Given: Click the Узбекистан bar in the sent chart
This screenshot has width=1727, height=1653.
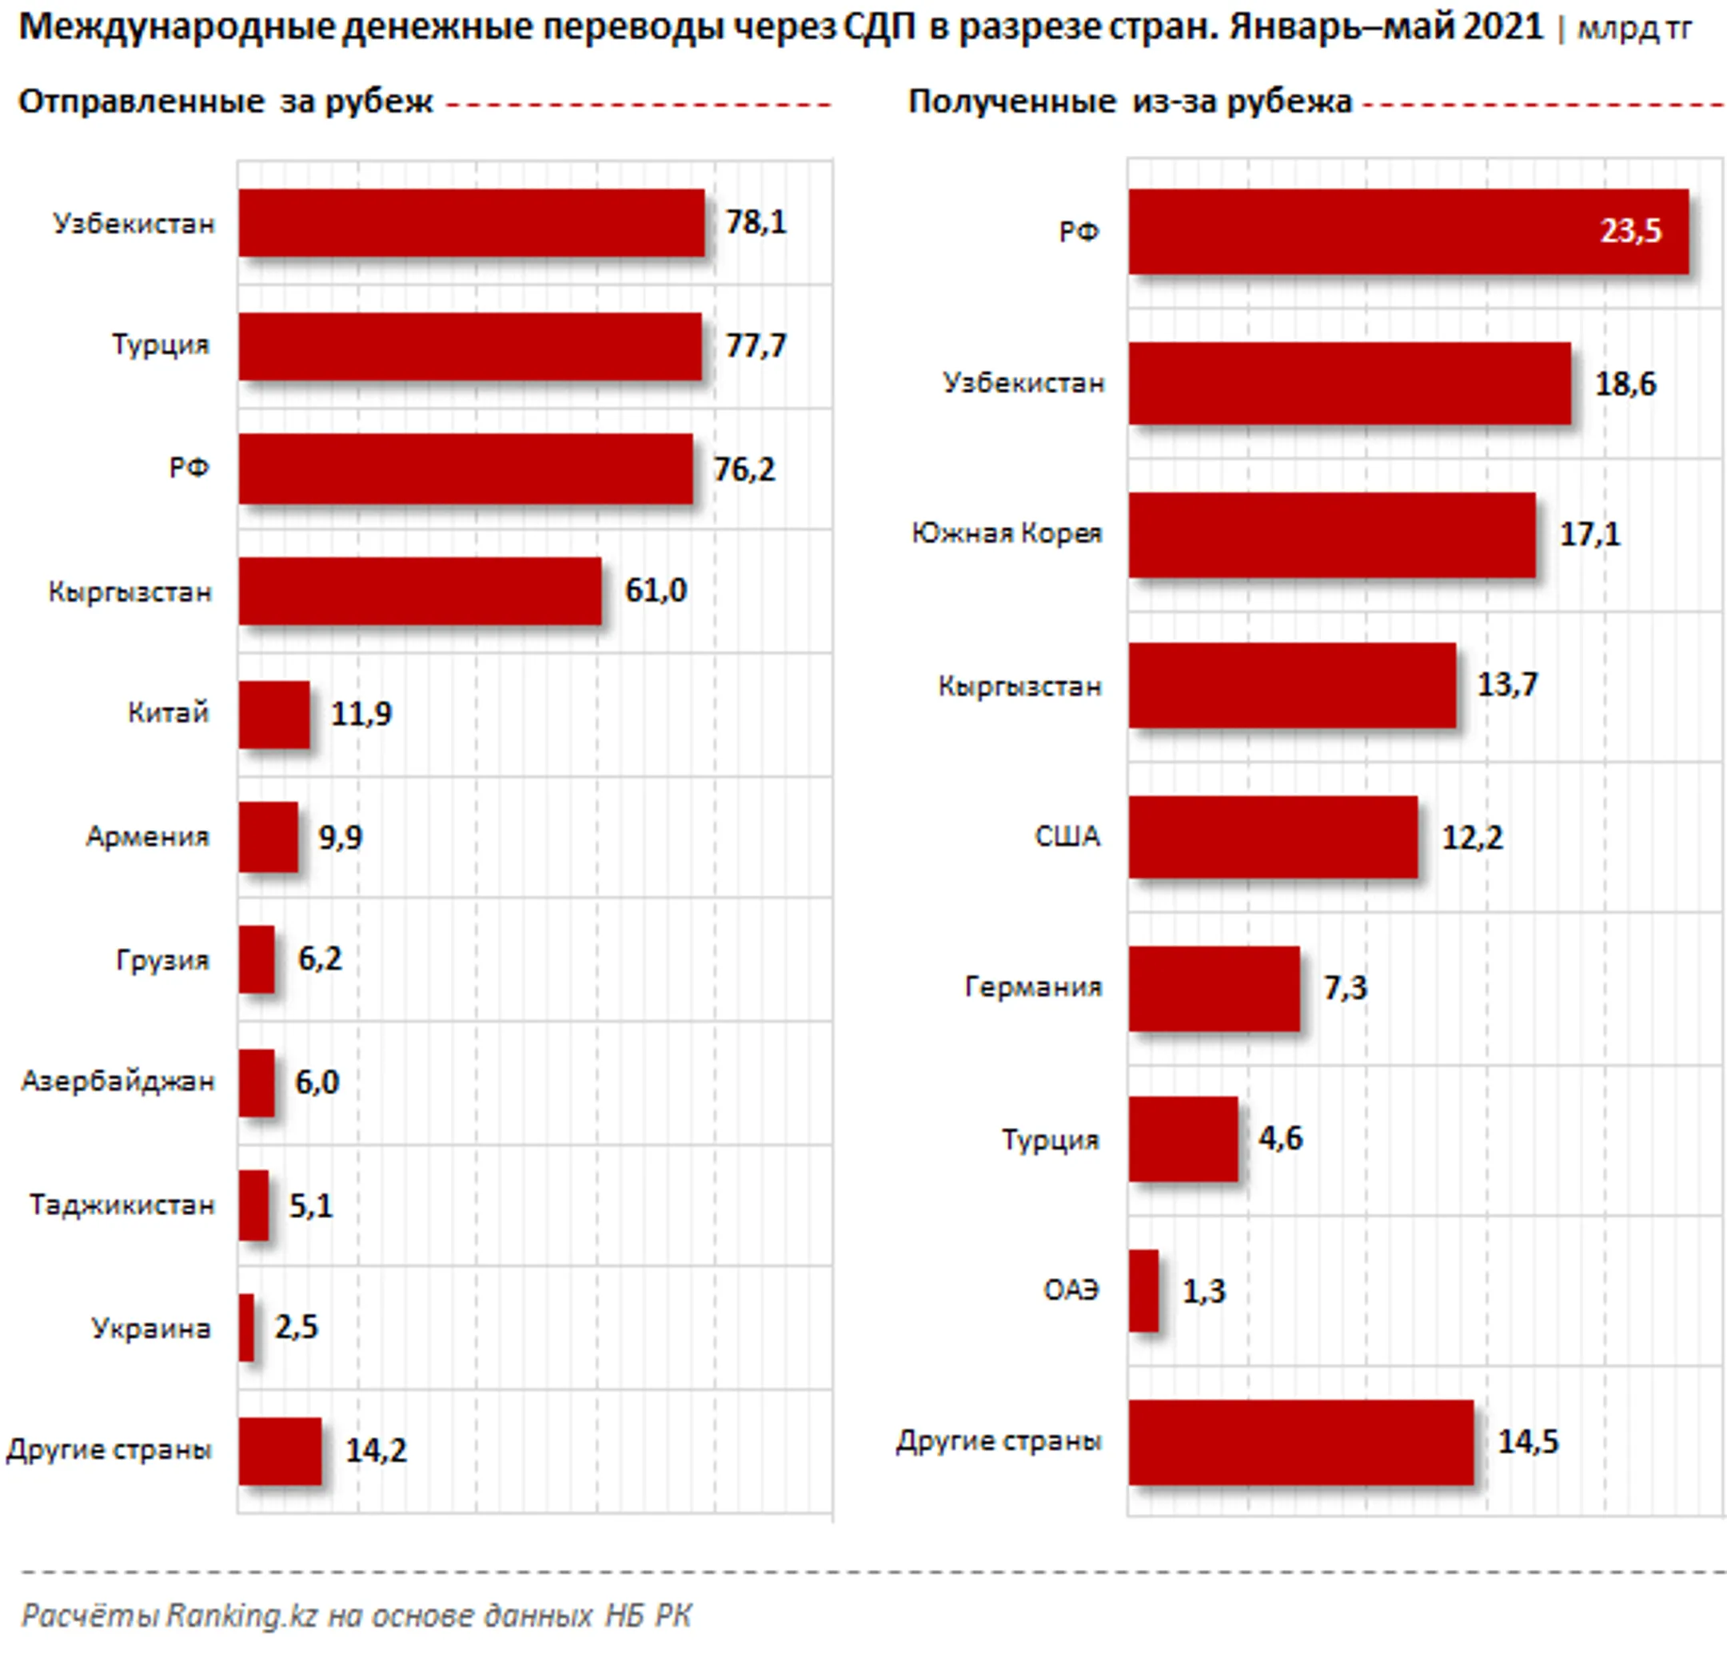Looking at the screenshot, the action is pyautogui.click(x=472, y=223).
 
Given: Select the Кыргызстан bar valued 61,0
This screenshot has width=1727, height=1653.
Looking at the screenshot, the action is pyautogui.click(x=421, y=591).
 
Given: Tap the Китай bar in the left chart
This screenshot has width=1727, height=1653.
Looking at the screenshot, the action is pyautogui.click(x=274, y=715).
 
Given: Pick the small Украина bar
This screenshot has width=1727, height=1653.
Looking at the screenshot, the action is pyautogui.click(x=247, y=1327).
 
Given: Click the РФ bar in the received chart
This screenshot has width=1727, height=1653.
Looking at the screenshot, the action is pyautogui.click(x=1409, y=232).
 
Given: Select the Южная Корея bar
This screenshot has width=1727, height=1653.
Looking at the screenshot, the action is pyautogui.click(x=1332, y=535).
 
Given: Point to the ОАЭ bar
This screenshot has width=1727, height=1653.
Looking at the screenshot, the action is pyautogui.click(x=1143, y=1290).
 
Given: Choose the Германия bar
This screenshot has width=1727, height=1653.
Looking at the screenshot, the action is pyautogui.click(x=1214, y=988).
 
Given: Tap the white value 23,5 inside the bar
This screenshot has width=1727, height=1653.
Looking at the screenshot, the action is pyautogui.click(x=1631, y=231).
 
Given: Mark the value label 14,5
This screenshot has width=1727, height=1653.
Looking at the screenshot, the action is pyautogui.click(x=1529, y=1442).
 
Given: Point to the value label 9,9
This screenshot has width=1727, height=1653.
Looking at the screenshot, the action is pyautogui.click(x=340, y=837).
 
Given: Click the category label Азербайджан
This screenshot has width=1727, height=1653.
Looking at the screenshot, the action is pyautogui.click(x=118, y=1081).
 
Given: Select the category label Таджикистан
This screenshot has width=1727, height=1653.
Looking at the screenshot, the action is pyautogui.click(x=122, y=1204).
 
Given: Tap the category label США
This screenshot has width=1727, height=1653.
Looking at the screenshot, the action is pyautogui.click(x=1068, y=836).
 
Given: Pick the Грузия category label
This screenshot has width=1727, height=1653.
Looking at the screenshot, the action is pyautogui.click(x=163, y=959).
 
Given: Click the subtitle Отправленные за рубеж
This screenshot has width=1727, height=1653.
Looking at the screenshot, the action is pyautogui.click(x=225, y=102).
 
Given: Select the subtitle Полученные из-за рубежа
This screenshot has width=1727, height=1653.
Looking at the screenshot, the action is pyautogui.click(x=1130, y=102).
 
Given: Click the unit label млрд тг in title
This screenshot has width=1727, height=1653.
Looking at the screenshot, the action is pyautogui.click(x=1633, y=29).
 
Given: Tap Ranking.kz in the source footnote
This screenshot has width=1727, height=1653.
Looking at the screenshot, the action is pyautogui.click(x=241, y=1615).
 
